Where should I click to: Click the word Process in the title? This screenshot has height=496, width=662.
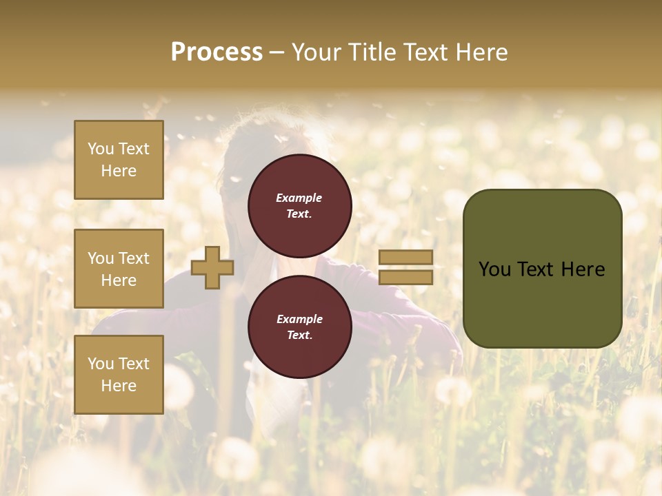tap(217, 52)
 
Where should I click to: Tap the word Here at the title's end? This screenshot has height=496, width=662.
tap(479, 52)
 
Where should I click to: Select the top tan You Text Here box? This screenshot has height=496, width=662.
tap(119, 160)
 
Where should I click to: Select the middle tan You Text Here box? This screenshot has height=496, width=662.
tap(119, 269)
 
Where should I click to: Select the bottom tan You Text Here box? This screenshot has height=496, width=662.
tap(119, 374)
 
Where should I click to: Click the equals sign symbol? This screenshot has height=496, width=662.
tap(406, 267)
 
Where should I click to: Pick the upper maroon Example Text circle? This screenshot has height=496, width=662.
tap(299, 205)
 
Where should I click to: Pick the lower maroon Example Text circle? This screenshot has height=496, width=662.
tap(299, 327)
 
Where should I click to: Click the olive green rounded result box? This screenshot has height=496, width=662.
tap(542, 269)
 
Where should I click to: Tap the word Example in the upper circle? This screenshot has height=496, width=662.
tap(299, 198)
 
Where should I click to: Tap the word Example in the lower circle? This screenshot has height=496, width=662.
tap(299, 319)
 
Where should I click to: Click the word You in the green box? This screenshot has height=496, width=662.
tap(494, 269)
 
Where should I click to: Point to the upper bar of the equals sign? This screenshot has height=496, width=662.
tap(406, 258)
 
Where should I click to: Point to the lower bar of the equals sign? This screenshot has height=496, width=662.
tap(406, 277)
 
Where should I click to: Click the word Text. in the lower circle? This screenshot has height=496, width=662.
tap(299, 335)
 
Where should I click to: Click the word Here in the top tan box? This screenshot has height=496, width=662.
tap(119, 171)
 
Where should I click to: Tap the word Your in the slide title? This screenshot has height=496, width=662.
tap(315, 52)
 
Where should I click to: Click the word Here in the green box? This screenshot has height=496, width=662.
tap(582, 269)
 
